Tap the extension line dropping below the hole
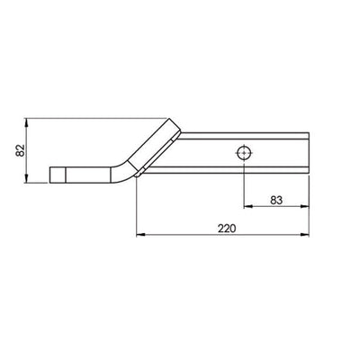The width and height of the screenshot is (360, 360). coord(243,184)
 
